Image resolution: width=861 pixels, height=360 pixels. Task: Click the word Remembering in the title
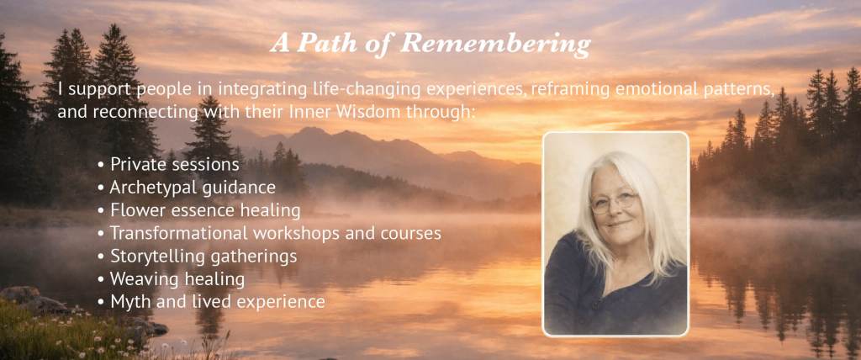[496, 44]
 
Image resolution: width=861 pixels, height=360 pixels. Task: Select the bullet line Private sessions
[168, 164]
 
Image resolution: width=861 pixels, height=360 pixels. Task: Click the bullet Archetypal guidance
[186, 188]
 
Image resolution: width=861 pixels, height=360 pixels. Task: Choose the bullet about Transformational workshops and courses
[269, 233]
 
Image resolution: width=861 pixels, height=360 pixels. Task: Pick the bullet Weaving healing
[171, 279]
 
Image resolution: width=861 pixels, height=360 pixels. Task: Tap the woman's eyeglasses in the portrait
[615, 202]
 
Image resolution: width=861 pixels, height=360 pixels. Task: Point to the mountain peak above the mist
[311, 130]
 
